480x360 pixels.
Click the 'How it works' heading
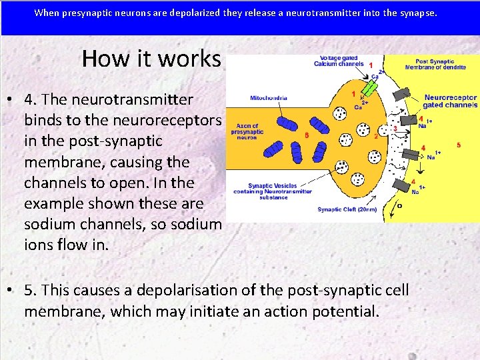151,59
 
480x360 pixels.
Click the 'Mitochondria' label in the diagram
269,98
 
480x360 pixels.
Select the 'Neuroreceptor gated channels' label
451,101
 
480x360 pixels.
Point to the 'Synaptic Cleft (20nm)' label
347,209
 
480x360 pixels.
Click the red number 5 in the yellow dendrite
459,145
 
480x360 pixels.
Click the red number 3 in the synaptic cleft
395,129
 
